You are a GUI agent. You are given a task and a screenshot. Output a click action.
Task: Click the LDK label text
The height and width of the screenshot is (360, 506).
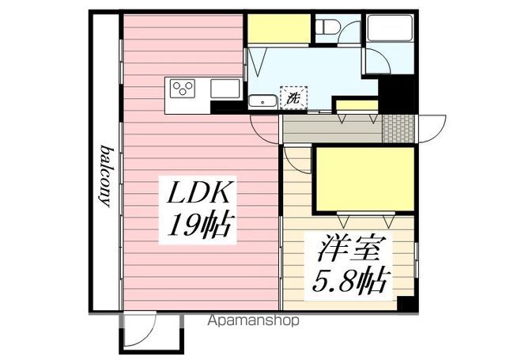click(x=199, y=194)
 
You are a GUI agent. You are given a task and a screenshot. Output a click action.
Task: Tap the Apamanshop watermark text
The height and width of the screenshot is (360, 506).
click(x=253, y=321)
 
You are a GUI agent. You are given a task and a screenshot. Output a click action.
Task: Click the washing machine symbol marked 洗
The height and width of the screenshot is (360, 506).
click(x=294, y=98)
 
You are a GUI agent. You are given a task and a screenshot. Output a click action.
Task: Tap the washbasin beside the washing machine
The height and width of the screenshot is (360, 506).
click(x=262, y=100)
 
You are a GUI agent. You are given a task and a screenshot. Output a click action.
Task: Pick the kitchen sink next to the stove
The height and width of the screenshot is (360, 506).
click(x=225, y=89)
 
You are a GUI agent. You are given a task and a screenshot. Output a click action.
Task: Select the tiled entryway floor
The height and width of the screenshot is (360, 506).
click(x=398, y=127)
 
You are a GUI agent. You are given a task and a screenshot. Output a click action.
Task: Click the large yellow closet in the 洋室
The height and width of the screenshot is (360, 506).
click(x=364, y=181)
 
